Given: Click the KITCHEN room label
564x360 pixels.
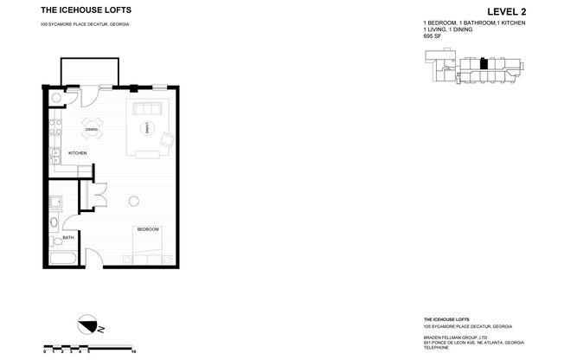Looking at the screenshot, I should [77, 153].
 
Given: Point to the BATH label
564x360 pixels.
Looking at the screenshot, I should [67, 236].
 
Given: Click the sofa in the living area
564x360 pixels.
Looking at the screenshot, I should [139, 109].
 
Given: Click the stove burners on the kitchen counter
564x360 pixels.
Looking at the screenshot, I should [54, 129].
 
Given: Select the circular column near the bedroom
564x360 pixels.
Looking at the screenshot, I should [134, 201].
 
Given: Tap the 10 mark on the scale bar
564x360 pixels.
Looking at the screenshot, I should [133, 353].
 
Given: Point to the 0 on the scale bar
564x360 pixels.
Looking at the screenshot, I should [45, 353].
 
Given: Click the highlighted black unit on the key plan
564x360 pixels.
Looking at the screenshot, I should [484, 64].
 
